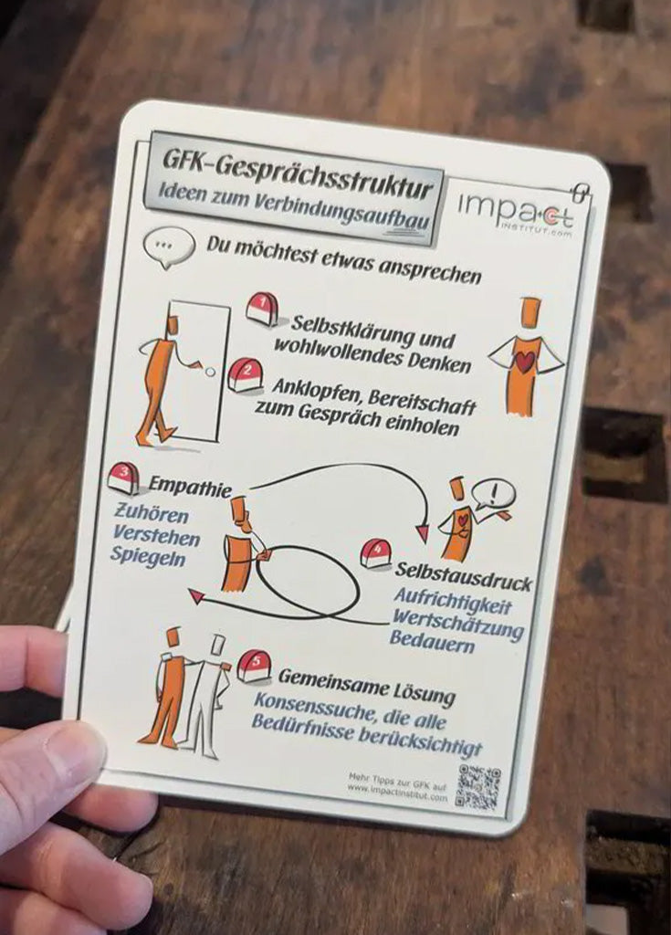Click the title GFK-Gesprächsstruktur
pyautogui.click(x=296, y=169)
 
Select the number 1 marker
pyautogui.click(x=262, y=309)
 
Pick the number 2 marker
pyautogui.click(x=245, y=375)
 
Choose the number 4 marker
pyautogui.click(x=375, y=553)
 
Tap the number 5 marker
pyautogui.click(x=254, y=666)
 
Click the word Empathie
pyautogui.click(x=190, y=489)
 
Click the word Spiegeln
pyautogui.click(x=148, y=555)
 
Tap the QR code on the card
pyautogui.click(x=478, y=787)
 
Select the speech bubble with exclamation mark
pyautogui.click(x=493, y=494)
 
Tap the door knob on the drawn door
pyautogui.click(x=210, y=372)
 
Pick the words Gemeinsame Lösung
pyautogui.click(x=366, y=685)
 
